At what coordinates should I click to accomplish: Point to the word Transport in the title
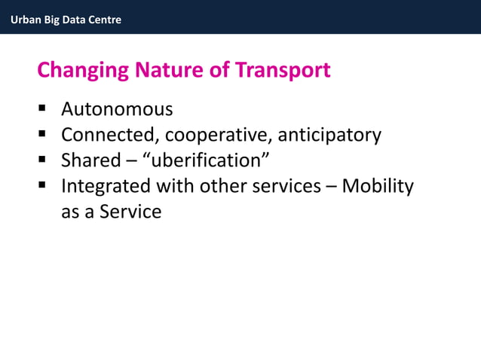pyautogui.click(x=283, y=71)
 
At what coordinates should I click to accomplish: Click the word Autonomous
pyautogui.click(x=117, y=110)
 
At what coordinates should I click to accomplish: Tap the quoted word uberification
pyautogui.click(x=207, y=160)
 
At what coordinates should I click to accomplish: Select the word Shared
pyautogui.click(x=90, y=160)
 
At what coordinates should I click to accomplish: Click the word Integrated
pyautogui.click(x=106, y=186)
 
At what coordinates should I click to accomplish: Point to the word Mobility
pyautogui.click(x=378, y=186)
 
